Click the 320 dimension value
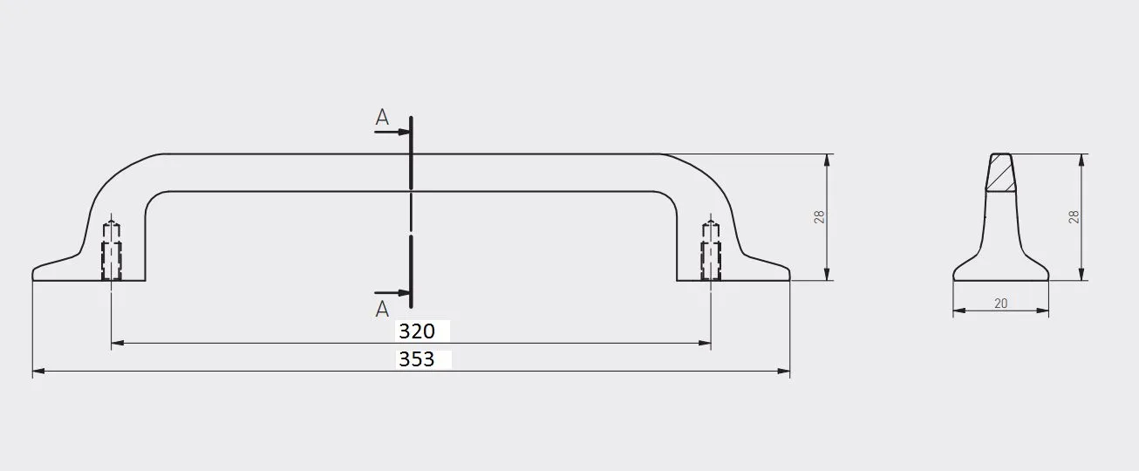(x=417, y=331)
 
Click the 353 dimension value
(x=417, y=359)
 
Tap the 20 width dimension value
(x=1000, y=304)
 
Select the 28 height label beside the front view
(x=819, y=217)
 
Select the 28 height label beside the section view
(x=1074, y=217)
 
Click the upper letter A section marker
(x=382, y=118)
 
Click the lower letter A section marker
(x=382, y=309)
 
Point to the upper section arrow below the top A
(x=392, y=133)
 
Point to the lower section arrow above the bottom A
(x=392, y=293)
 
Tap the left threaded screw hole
(x=112, y=251)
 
